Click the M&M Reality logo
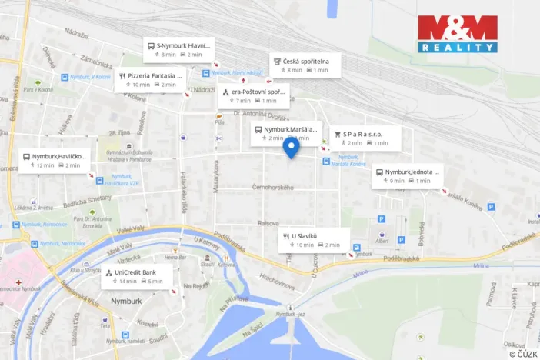pyautogui.click(x=458, y=34)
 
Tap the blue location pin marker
pyautogui.click(x=291, y=148)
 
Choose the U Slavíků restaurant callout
pyautogui.click(x=314, y=240)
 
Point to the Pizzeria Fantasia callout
pyautogui.click(x=150, y=80)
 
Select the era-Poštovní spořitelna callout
pyautogui.click(x=253, y=96)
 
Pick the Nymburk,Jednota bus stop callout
pyautogui.click(x=407, y=176)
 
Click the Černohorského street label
pyautogui.click(x=273, y=188)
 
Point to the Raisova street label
pyautogui.click(x=268, y=223)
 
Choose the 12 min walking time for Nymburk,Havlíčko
pyautogui.click(x=42, y=165)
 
